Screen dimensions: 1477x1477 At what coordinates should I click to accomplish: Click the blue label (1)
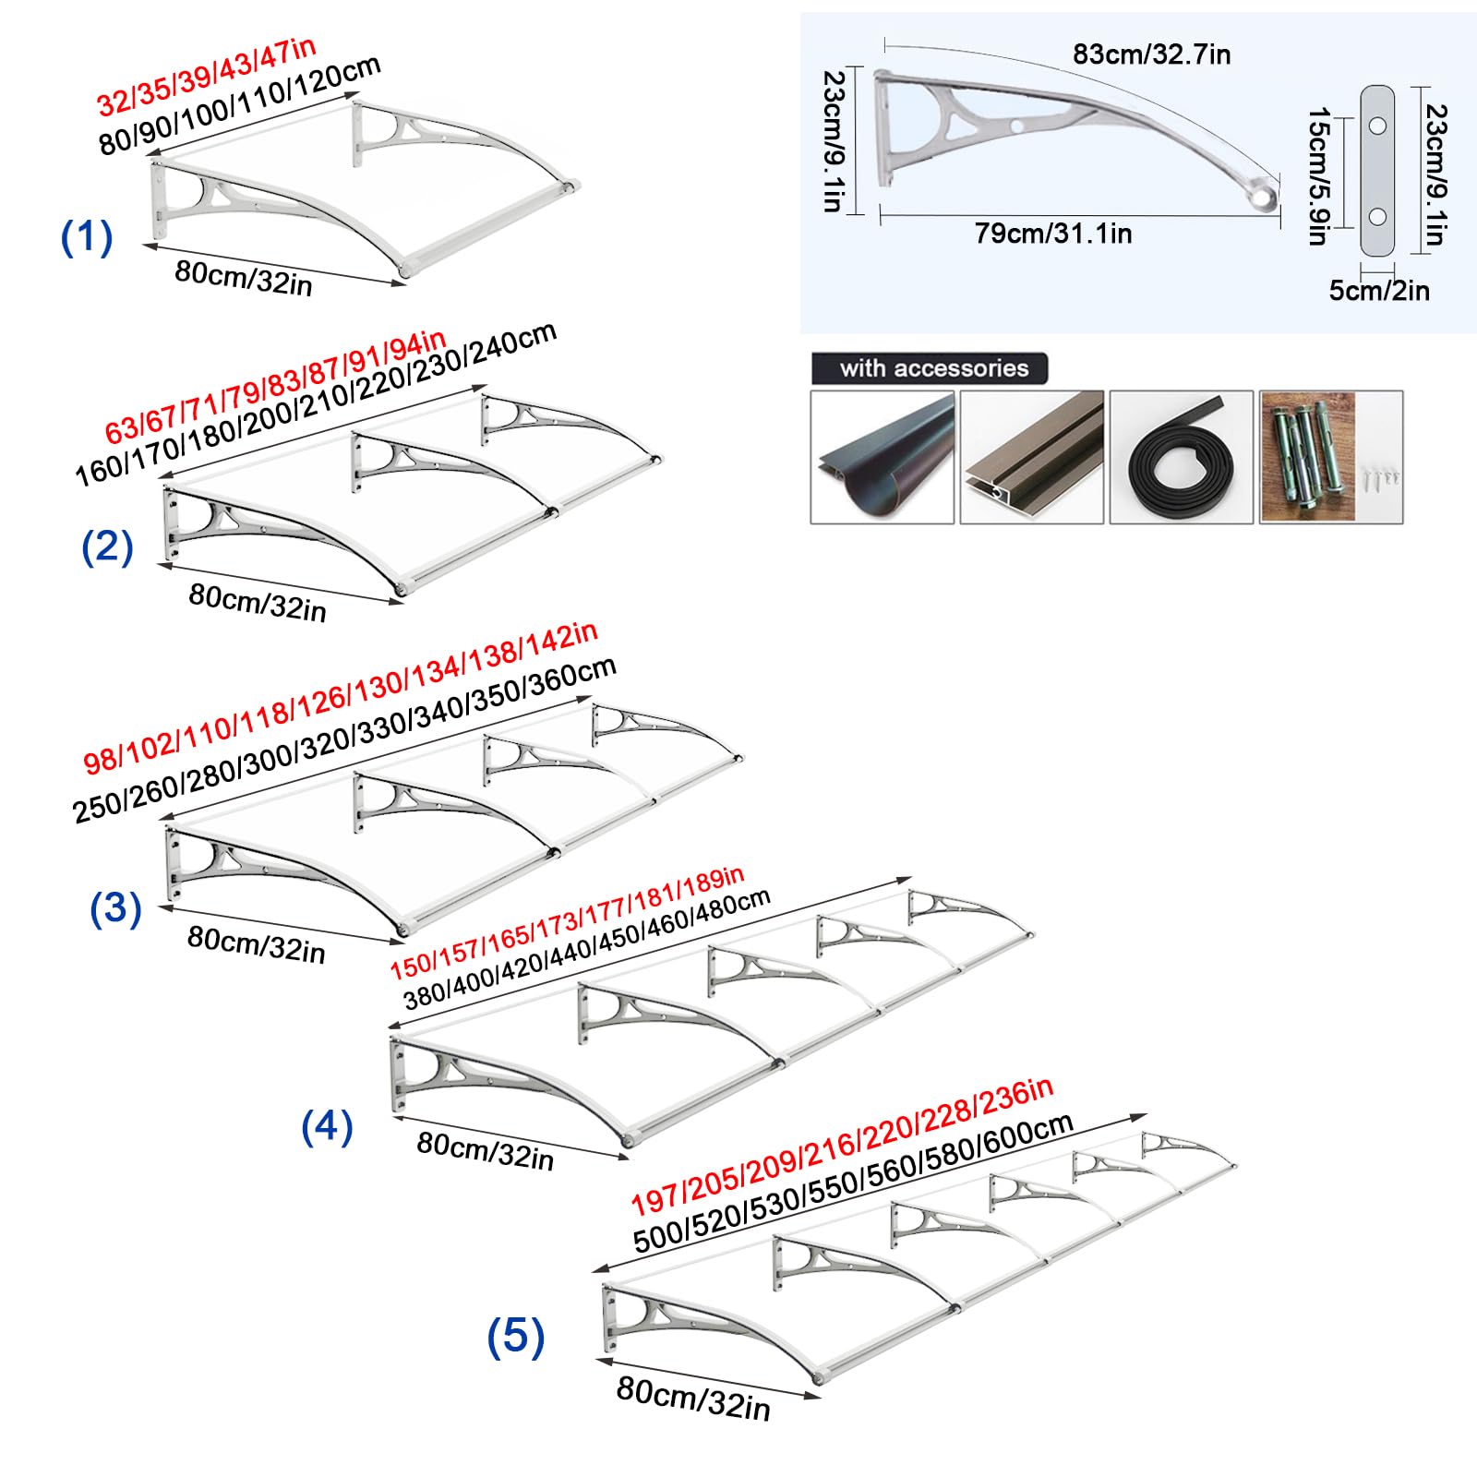(x=87, y=237)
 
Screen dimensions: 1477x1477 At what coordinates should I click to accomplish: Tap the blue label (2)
(x=107, y=547)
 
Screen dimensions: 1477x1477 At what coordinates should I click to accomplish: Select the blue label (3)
(x=115, y=908)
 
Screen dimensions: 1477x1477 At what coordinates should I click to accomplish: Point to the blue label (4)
(x=328, y=1127)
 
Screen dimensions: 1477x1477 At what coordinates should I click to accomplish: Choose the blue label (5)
(x=516, y=1337)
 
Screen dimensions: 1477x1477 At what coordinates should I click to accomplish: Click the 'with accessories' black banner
(x=930, y=368)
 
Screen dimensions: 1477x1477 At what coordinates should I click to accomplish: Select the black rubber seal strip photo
(x=1182, y=457)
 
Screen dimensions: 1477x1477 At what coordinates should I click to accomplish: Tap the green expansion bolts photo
(x=1331, y=457)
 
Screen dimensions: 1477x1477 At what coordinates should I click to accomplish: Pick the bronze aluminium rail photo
(x=1032, y=457)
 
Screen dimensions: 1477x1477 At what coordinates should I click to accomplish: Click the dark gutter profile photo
(x=883, y=457)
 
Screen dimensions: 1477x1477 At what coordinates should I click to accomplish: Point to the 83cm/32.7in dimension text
(x=1151, y=54)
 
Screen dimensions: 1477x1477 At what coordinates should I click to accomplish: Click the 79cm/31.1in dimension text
(x=1053, y=234)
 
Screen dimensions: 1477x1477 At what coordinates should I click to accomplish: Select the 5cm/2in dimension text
(x=1379, y=291)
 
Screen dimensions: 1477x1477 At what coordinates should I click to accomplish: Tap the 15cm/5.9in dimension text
(x=1318, y=176)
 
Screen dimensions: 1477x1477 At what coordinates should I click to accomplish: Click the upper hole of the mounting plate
(x=1377, y=125)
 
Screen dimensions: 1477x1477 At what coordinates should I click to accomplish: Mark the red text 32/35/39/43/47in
(x=207, y=77)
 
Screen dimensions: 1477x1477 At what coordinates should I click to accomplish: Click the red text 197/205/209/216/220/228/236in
(x=842, y=1147)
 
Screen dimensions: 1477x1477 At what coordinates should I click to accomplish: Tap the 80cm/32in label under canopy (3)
(x=257, y=944)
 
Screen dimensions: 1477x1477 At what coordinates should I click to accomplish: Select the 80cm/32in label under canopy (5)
(x=693, y=1399)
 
